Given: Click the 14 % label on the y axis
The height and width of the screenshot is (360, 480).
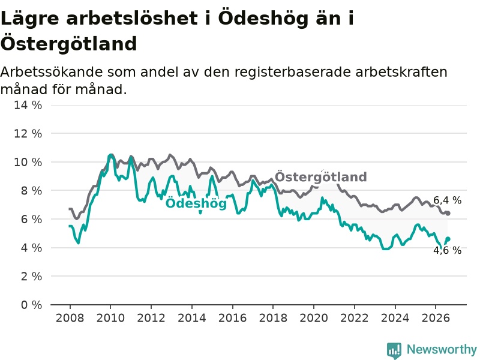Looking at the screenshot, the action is coord(28,106).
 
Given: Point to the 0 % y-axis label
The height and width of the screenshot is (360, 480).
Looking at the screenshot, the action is coord(31,305).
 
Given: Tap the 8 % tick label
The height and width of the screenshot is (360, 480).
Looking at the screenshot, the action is coord(31,191).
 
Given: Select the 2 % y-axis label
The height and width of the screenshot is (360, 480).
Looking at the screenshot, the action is coord(31,277).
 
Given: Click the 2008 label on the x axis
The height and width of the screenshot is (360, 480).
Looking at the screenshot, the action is coord(70,318).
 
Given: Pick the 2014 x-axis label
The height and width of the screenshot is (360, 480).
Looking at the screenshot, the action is coord(192,318).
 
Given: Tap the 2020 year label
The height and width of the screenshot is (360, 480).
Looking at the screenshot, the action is coord(314,318).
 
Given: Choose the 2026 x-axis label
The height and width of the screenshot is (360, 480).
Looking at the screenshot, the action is coord(436,318).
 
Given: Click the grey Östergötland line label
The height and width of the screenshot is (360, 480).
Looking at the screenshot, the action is coord(320,177).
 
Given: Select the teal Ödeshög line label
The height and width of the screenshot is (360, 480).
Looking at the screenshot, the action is coord(196,203).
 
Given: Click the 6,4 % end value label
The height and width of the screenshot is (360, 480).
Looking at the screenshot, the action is coord(447,200).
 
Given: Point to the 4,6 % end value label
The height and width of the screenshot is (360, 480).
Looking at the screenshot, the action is coord(447,250).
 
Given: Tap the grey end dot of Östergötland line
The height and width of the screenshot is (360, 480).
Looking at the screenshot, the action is coord(448,213).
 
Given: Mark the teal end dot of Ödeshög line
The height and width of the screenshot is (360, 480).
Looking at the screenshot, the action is coord(448,239).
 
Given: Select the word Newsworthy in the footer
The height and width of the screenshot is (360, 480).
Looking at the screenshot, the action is coord(442,349).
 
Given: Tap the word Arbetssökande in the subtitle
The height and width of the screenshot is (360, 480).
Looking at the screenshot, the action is coord(52,73).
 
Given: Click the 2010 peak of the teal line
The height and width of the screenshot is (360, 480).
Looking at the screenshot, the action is coord(110,155).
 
